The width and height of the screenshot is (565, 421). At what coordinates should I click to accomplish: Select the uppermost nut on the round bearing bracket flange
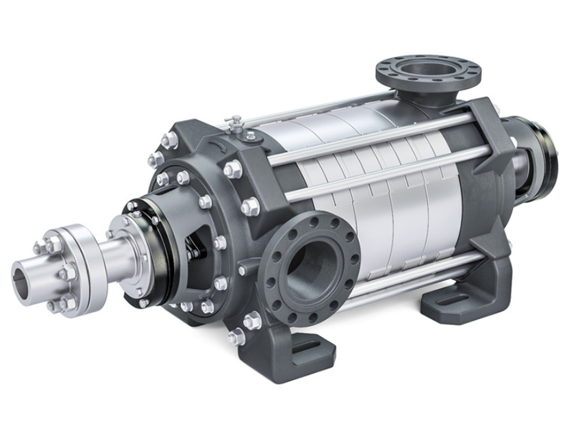[x=169, y=140]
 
